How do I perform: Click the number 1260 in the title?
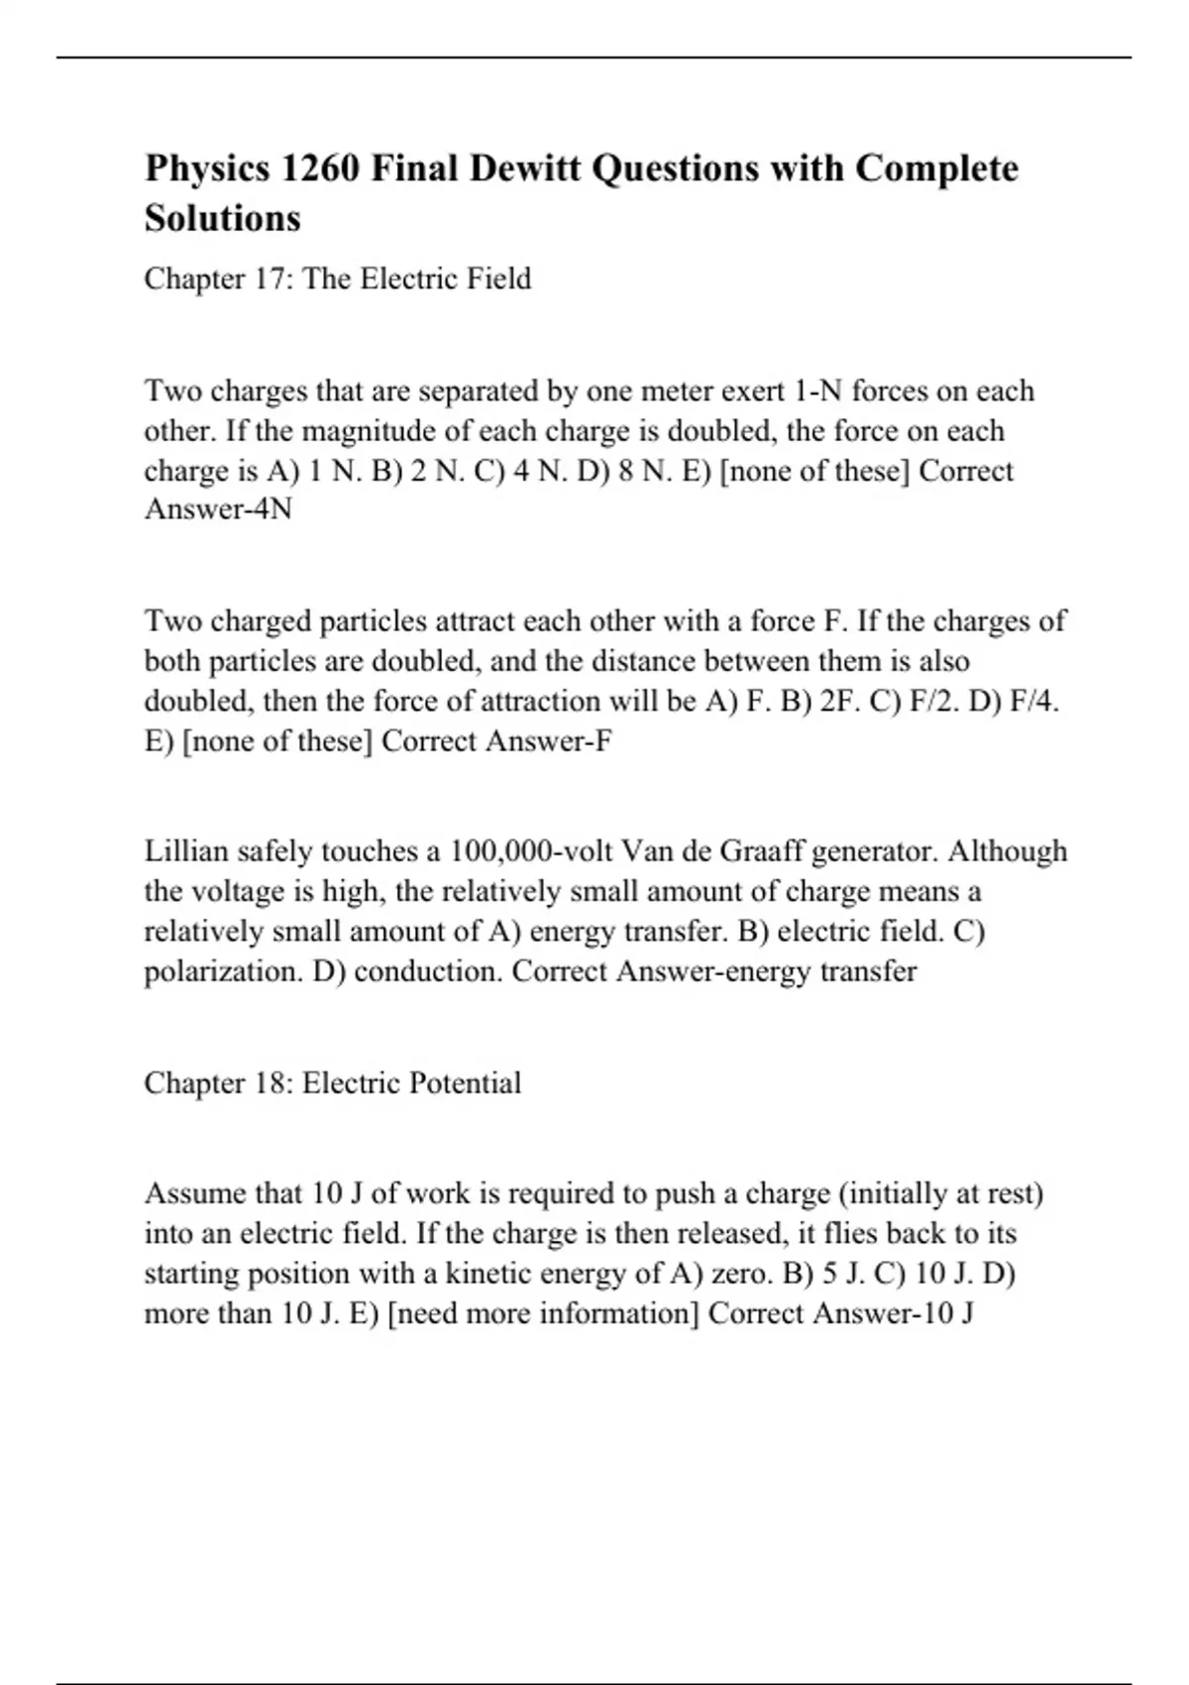[x=318, y=168]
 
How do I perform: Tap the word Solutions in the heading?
[x=222, y=218]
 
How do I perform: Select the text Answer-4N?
[x=218, y=509]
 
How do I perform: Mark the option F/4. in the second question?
[x=1034, y=701]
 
